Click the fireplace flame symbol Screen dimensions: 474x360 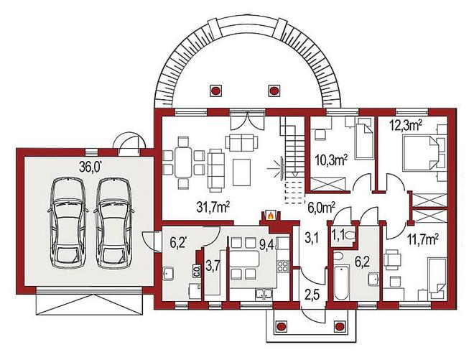click(271, 216)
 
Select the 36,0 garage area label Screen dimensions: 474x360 click(90, 167)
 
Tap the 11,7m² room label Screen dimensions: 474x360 click(422, 241)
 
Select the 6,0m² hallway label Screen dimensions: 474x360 click(321, 208)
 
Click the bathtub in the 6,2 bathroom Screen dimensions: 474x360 click(342, 282)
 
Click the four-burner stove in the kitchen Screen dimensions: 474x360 click(283, 267)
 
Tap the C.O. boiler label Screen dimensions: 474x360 click(195, 270)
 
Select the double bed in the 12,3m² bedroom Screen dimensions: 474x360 click(420, 152)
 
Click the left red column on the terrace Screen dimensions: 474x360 click(215, 90)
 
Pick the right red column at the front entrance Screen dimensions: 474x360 click(339, 326)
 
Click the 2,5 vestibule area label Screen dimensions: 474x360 click(311, 293)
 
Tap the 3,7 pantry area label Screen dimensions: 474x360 click(212, 266)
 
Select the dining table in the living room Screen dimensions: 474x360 click(183, 162)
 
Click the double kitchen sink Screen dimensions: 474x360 click(264, 294)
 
